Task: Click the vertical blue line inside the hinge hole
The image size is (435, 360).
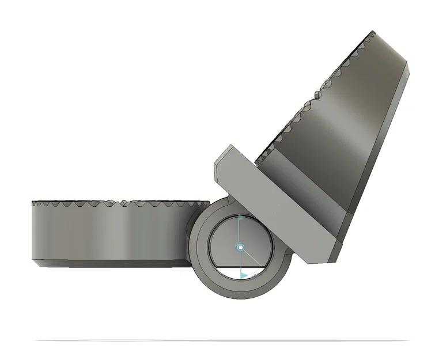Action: point(240,233)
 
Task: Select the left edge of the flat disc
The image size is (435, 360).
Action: point(32,230)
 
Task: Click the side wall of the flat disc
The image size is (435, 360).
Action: point(109,233)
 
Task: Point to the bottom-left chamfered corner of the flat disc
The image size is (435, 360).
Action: point(36,263)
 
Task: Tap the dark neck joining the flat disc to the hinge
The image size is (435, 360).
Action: point(188,236)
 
